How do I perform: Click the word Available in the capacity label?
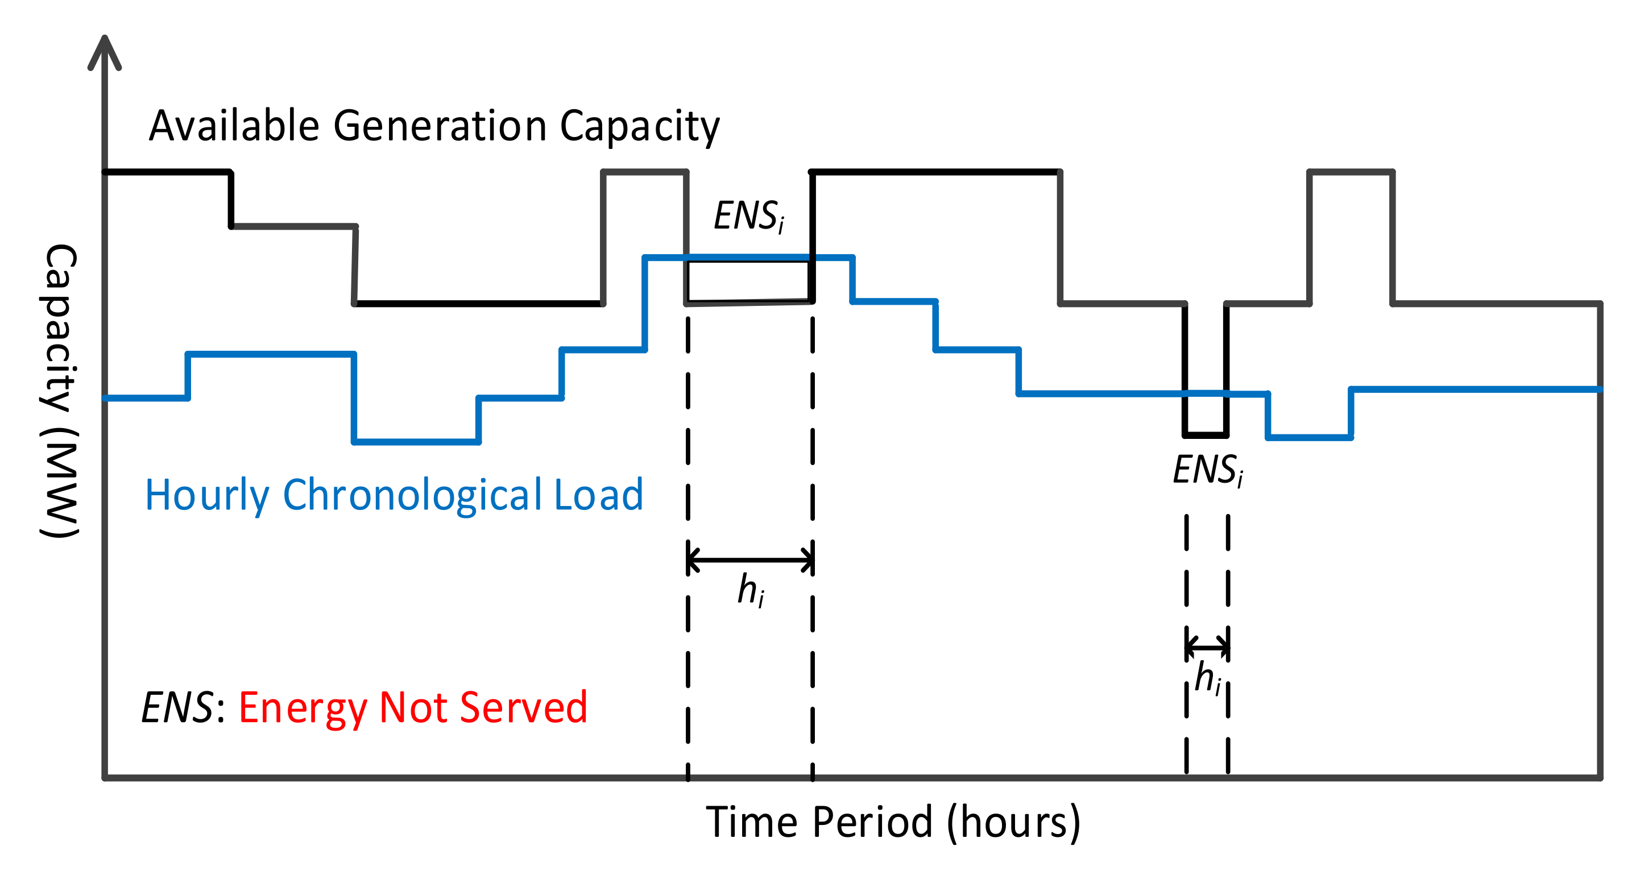[234, 126]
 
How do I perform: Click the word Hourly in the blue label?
[207, 495]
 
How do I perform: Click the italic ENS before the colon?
[177, 707]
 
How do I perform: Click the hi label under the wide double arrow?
[750, 590]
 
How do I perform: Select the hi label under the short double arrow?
[1207, 678]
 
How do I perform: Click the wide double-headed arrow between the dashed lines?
[750, 560]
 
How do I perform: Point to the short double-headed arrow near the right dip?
[1207, 648]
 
